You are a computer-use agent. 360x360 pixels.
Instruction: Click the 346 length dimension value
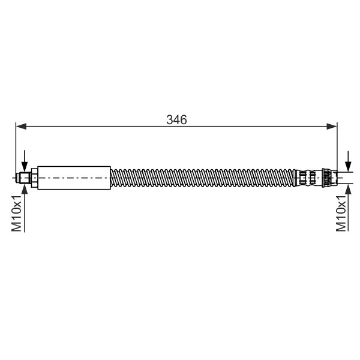click(177, 119)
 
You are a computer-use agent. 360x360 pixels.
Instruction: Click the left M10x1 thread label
click(17, 212)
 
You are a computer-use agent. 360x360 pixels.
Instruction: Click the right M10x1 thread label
click(342, 212)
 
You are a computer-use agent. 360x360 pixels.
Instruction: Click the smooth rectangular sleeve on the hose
click(75, 178)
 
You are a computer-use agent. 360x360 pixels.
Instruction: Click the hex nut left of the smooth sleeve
click(35, 178)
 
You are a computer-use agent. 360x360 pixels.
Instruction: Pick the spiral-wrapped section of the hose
click(204, 178)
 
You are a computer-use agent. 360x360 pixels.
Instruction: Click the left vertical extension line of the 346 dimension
click(16, 150)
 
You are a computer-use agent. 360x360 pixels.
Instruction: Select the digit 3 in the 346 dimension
click(170, 119)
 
